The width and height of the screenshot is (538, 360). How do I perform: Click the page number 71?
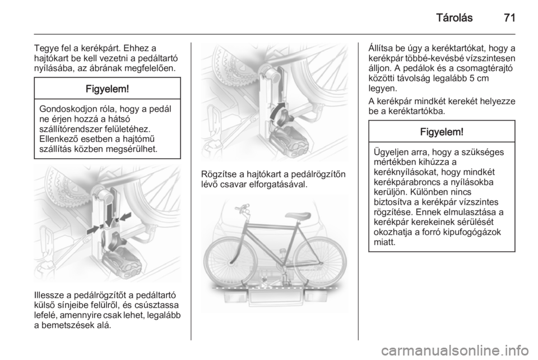click(509, 18)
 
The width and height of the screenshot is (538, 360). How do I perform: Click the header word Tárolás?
click(454, 18)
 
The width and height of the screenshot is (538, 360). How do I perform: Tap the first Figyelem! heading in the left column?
click(108, 89)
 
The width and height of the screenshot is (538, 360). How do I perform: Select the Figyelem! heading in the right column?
click(442, 132)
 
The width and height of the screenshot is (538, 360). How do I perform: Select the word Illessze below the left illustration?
click(48, 295)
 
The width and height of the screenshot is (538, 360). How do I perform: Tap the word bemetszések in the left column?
click(68, 325)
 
